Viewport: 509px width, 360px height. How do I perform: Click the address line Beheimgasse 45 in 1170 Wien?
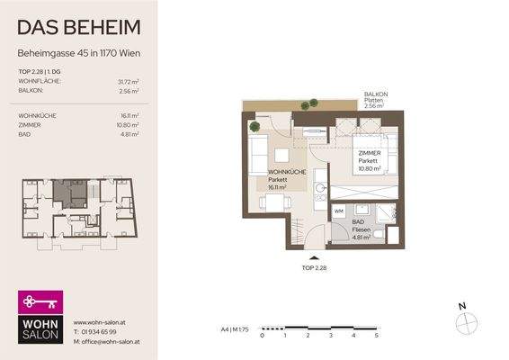(78, 51)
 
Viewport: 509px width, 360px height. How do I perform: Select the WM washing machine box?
(340, 211)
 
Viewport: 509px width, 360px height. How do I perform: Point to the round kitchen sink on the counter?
(319, 190)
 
